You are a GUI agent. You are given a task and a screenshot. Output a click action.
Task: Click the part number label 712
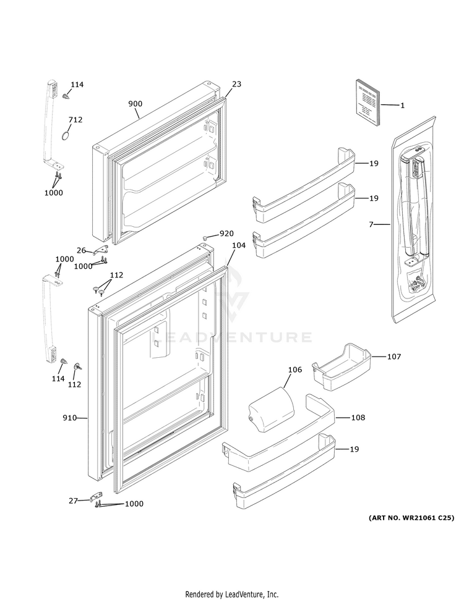(75, 120)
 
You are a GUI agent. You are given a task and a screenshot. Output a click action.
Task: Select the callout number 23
(237, 84)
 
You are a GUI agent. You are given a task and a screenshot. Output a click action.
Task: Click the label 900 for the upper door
(135, 104)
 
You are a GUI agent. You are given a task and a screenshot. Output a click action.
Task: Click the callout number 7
(371, 224)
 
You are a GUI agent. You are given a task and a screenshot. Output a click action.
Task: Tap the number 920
(227, 234)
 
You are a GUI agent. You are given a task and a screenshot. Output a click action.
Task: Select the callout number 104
(239, 245)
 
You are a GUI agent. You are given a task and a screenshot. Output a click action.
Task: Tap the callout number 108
(358, 418)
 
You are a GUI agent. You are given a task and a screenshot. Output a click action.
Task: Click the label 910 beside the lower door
(69, 418)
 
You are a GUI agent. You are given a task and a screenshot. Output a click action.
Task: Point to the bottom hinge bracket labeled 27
(97, 497)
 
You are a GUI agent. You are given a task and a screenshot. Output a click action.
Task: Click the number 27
(73, 501)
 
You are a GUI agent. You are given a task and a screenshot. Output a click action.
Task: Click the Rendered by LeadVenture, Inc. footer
(232, 594)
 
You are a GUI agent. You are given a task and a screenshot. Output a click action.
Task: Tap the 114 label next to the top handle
(77, 85)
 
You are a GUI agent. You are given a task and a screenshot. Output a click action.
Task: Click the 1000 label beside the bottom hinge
(134, 504)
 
